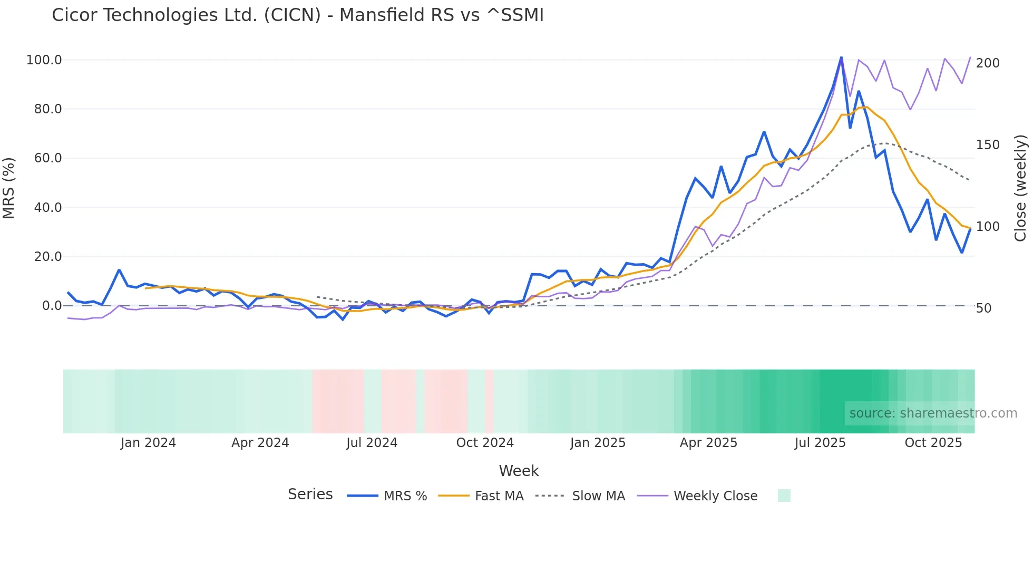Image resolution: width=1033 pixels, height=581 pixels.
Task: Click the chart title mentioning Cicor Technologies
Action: pos(298,15)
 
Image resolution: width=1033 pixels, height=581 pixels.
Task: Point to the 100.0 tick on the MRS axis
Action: pos(44,60)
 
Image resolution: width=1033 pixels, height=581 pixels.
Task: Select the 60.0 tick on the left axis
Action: pos(48,158)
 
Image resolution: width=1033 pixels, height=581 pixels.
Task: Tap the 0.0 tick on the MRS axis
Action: pos(52,306)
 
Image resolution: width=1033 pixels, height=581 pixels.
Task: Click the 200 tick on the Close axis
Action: pos(988,63)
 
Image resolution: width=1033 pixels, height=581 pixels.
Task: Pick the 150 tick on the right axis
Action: pos(988,145)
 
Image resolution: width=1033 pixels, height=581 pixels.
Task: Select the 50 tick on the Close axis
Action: pos(984,308)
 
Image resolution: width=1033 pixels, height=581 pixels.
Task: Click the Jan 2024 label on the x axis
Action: pos(148,443)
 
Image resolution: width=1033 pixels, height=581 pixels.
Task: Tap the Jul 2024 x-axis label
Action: pos(372,443)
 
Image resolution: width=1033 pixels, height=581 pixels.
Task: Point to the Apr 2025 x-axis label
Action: pos(708,443)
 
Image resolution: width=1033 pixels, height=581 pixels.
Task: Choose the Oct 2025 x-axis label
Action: pos(933,443)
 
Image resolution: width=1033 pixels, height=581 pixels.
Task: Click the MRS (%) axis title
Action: pos(9,188)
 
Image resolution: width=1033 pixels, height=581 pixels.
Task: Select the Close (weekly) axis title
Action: pos(1020,188)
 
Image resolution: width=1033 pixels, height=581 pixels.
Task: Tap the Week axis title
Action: pos(519,471)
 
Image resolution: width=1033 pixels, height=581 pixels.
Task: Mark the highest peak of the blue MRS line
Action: pos(841,57)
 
